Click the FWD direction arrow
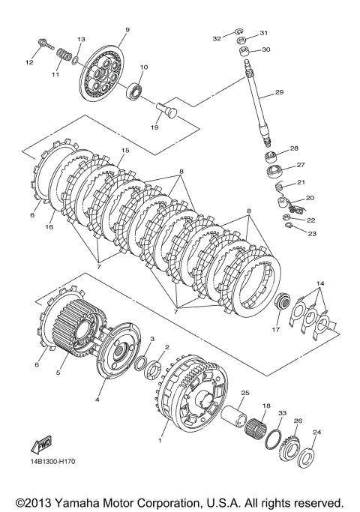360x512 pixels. pyautogui.click(x=41, y=445)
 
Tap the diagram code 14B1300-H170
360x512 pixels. pyautogui.click(x=53, y=462)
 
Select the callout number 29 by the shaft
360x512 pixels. pyautogui.click(x=279, y=92)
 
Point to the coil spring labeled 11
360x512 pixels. pyautogui.click(x=64, y=54)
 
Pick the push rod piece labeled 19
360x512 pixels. pyautogui.click(x=166, y=110)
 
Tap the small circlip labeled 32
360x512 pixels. pyautogui.click(x=238, y=31)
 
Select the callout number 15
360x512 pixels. pyautogui.click(x=125, y=151)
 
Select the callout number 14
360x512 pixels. pyautogui.click(x=320, y=283)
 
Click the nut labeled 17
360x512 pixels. pyautogui.click(x=281, y=301)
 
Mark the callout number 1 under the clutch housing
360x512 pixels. pyautogui.click(x=160, y=441)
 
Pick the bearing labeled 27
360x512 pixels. pyautogui.click(x=274, y=172)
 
